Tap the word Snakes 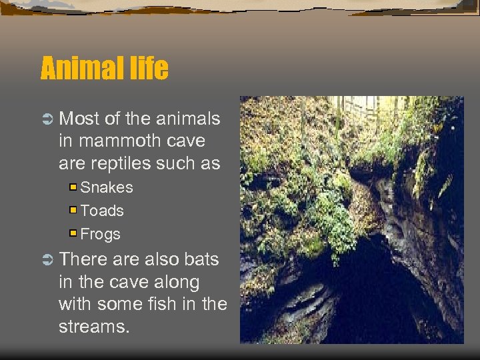(107, 188)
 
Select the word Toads (102, 211)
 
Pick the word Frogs (101, 234)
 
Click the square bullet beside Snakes (74, 187)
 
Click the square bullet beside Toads (74, 211)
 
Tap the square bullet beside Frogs (74, 233)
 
